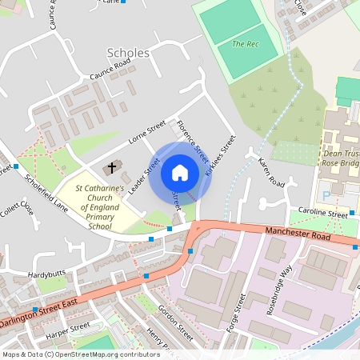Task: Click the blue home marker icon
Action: click(180, 172)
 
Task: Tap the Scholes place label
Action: click(128, 53)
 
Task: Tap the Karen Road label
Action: click(271, 173)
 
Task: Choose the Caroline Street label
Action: click(323, 214)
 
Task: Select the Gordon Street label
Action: click(175, 320)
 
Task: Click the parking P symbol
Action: click(325, 194)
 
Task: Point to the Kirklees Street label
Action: click(221, 155)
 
